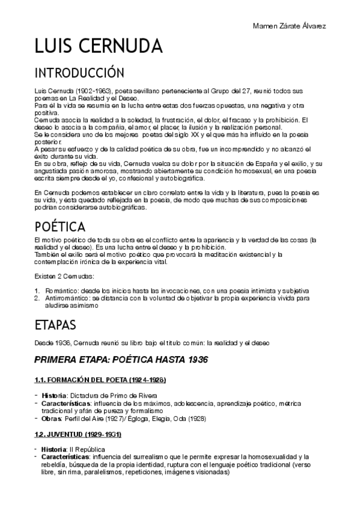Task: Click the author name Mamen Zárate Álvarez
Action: [x=290, y=26]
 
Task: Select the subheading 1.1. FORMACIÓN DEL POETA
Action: [x=99, y=381]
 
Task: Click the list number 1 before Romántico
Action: [x=37, y=290]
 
